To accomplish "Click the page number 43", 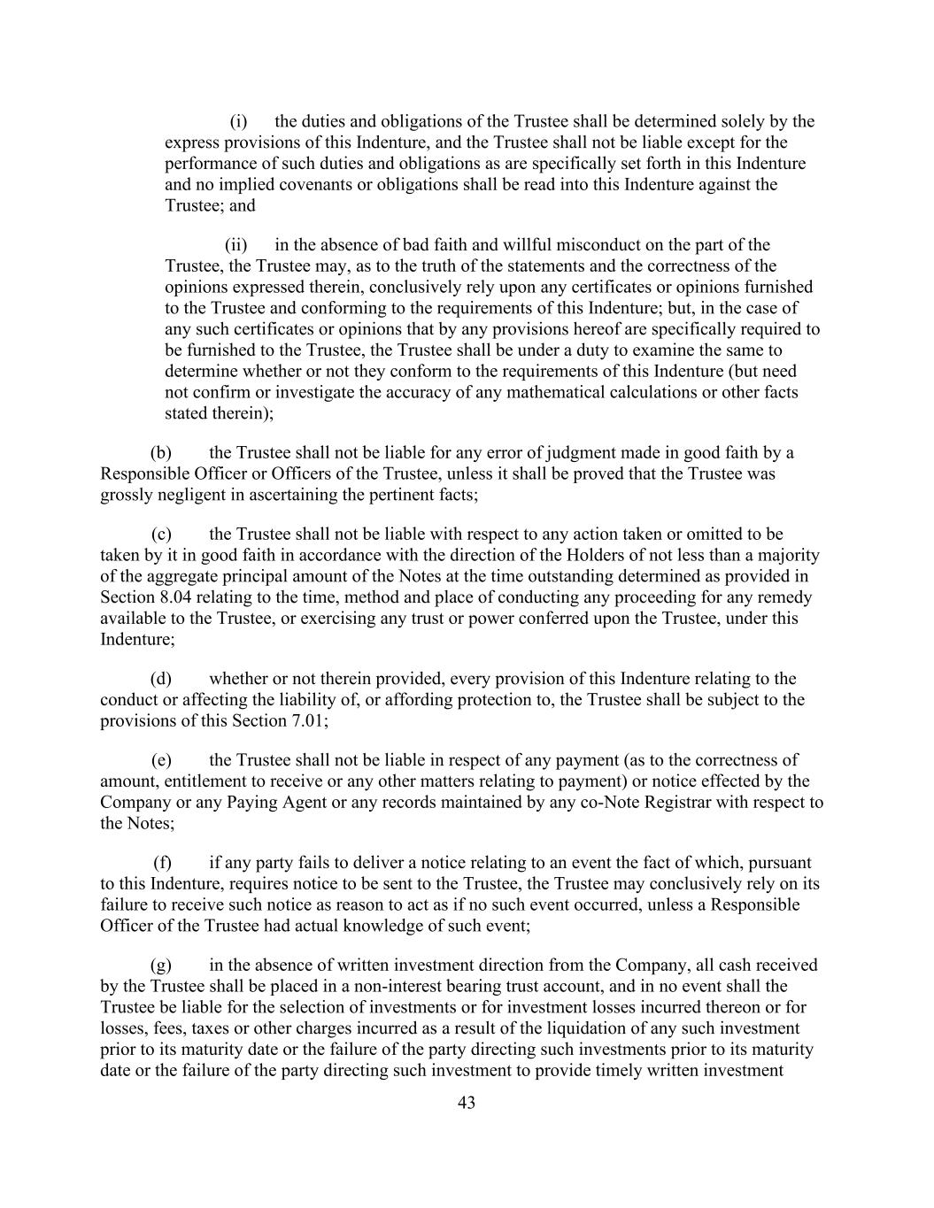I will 467,1103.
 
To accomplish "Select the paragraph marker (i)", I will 238,121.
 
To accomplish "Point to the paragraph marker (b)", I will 160,453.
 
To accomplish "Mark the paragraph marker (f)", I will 162,863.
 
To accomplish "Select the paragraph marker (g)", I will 161,966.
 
